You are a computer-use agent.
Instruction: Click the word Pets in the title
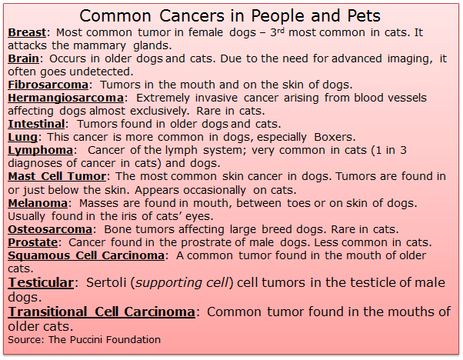pyautogui.click(x=364, y=15)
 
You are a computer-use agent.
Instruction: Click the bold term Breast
pyautogui.click(x=27, y=32)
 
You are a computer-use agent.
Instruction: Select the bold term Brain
pyautogui.click(x=23, y=58)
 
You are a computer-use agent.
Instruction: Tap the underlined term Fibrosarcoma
pyautogui.click(x=48, y=85)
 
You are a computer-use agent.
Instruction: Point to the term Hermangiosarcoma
pyautogui.click(x=66, y=98)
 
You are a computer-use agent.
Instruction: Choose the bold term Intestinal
pyautogui.click(x=36, y=124)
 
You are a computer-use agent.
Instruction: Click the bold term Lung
pyautogui.click(x=23, y=138)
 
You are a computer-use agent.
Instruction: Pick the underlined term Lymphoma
pyautogui.click(x=41, y=150)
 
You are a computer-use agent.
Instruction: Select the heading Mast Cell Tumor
pyautogui.click(x=57, y=176)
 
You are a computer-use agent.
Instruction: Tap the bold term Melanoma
pyautogui.click(x=38, y=203)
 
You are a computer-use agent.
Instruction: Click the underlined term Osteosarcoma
pyautogui.click(x=50, y=229)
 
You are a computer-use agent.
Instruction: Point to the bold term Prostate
pyautogui.click(x=33, y=242)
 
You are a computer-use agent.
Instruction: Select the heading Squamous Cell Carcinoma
pyautogui.click(x=86, y=255)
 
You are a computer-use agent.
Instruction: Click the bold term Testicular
pyautogui.click(x=41, y=282)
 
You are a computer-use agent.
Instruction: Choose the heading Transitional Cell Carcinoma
pyautogui.click(x=102, y=312)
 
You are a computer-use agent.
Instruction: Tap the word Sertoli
pyautogui.click(x=107, y=282)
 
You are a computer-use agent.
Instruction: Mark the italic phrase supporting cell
pyautogui.click(x=182, y=283)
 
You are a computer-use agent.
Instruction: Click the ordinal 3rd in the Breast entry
pyautogui.click(x=278, y=32)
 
